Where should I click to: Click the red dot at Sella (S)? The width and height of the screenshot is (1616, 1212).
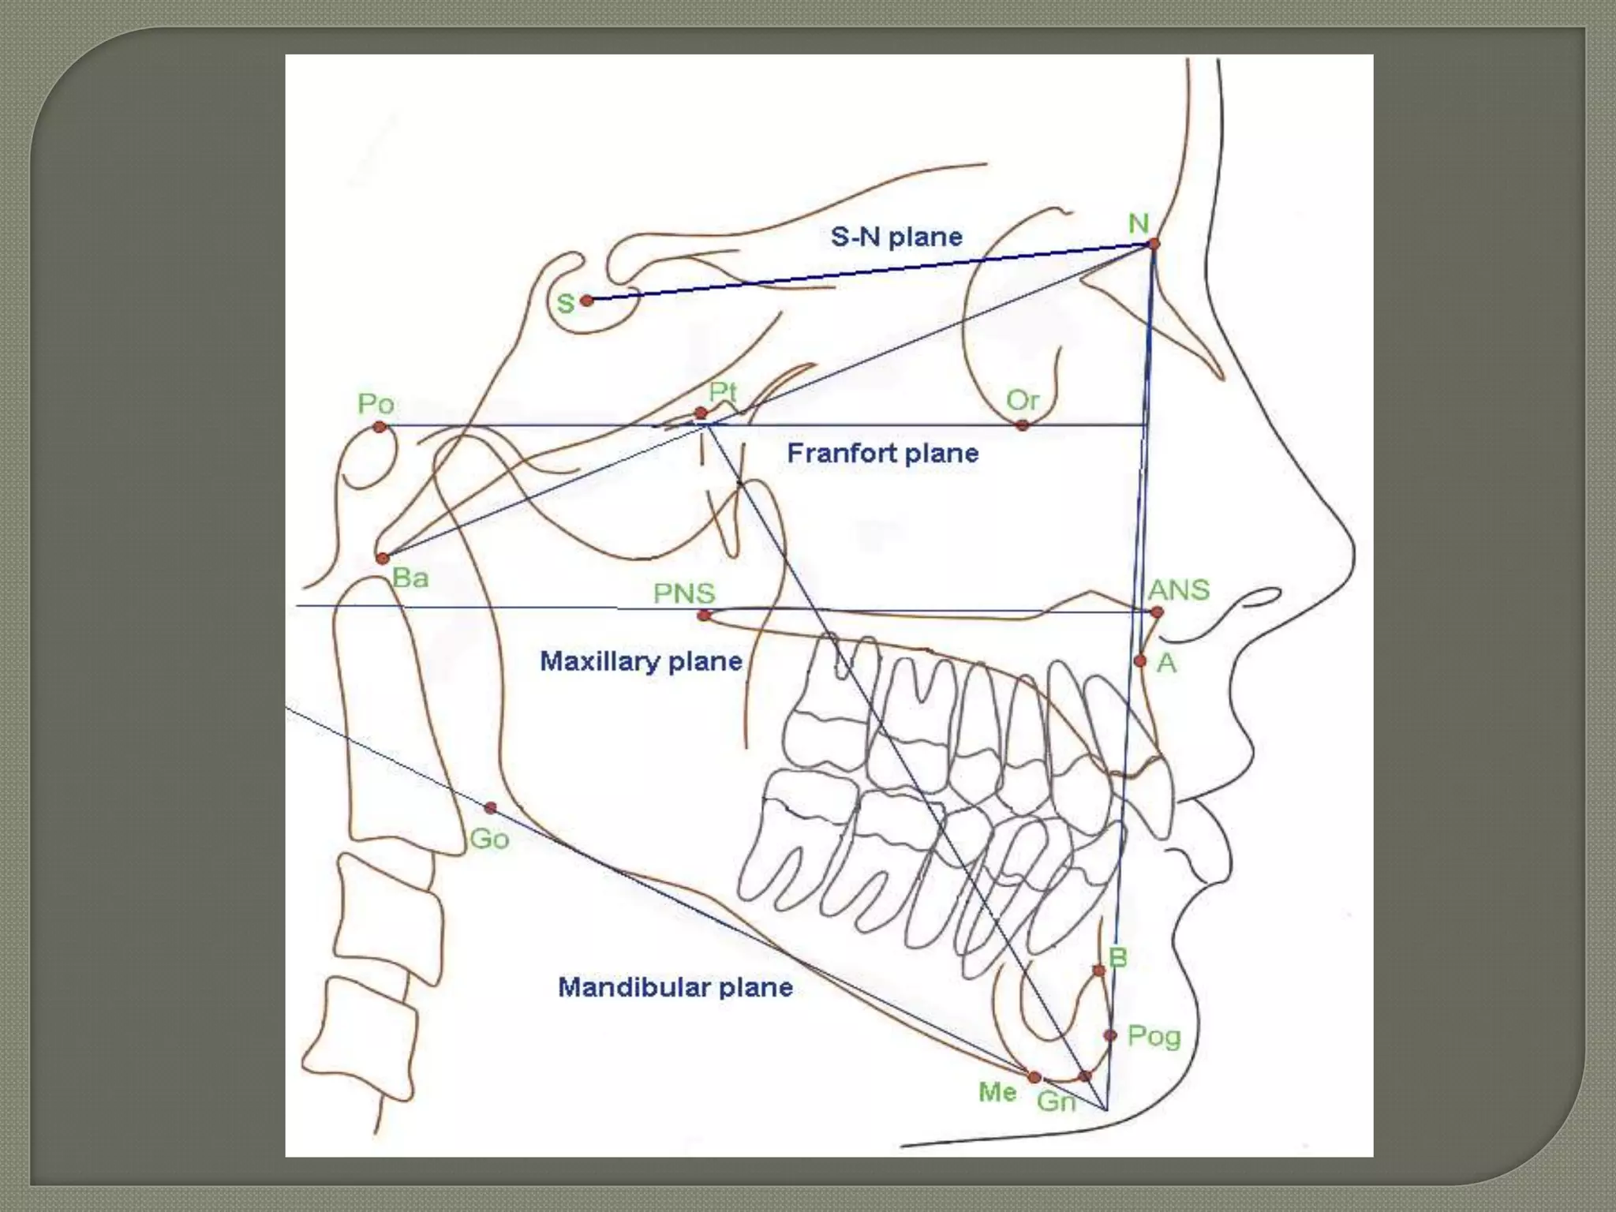[586, 301]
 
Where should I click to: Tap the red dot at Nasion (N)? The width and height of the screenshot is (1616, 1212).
[1154, 244]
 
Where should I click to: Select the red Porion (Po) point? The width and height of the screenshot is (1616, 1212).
[380, 427]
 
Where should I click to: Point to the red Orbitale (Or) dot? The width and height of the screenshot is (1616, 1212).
[1023, 425]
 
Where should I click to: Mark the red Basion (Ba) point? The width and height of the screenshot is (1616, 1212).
[383, 559]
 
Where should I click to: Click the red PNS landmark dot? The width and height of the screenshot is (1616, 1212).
[704, 615]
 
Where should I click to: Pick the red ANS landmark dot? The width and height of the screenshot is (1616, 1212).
[1157, 612]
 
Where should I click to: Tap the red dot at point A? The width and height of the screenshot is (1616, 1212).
[1140, 660]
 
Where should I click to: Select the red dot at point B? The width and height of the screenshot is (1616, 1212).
[1099, 970]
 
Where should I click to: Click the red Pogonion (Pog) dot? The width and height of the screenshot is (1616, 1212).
[1110, 1034]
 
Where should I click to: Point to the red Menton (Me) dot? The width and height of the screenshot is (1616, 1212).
[1034, 1077]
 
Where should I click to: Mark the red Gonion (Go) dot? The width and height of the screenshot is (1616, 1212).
[490, 808]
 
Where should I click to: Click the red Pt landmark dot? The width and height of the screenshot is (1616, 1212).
[701, 413]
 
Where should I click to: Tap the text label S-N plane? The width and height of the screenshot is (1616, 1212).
[896, 237]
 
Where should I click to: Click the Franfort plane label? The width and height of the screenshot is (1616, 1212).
[883, 453]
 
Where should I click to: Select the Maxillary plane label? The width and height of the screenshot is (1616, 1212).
[641, 661]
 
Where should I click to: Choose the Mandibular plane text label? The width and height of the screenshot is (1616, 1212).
[675, 987]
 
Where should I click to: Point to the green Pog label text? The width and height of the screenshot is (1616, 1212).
[1154, 1036]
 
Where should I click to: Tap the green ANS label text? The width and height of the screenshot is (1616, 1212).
[1179, 589]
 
